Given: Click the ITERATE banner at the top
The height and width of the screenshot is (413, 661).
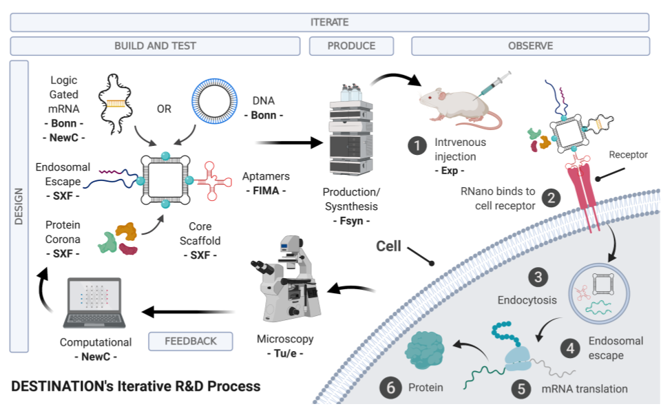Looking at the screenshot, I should click(329, 22).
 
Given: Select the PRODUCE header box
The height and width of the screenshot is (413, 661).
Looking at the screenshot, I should click(351, 46).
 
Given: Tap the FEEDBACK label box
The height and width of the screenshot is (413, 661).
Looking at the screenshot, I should click(191, 341).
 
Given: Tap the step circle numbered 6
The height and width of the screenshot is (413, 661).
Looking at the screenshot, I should click(391, 388).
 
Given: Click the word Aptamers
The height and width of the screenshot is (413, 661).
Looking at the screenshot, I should click(265, 177).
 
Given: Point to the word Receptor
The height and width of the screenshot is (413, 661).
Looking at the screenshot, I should click(628, 155).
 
